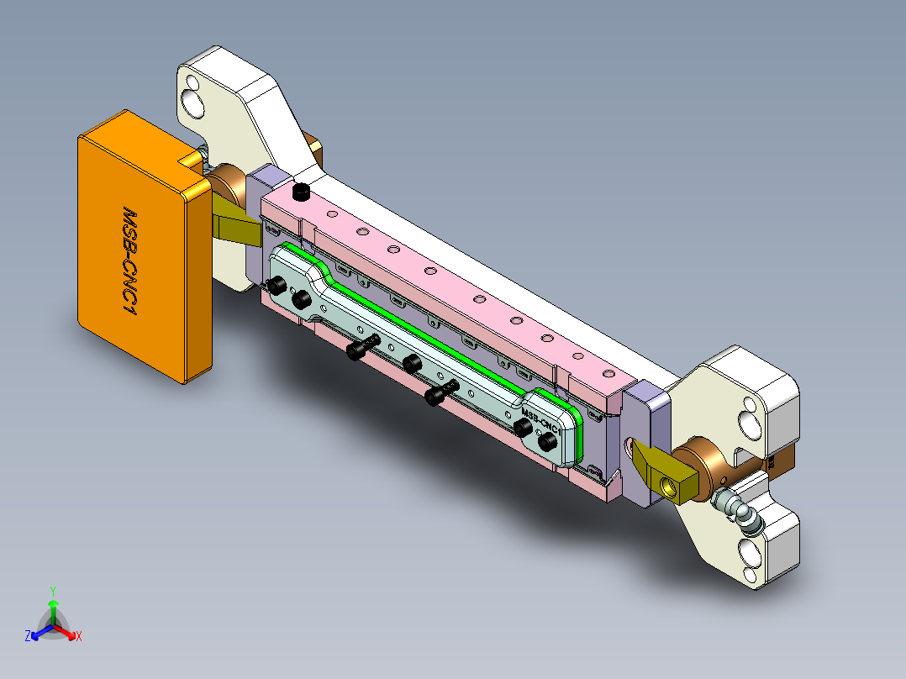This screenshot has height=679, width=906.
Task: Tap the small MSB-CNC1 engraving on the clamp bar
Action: click(x=540, y=421)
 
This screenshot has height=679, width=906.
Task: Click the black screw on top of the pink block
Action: click(x=302, y=192)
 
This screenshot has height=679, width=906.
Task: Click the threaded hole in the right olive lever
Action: click(x=669, y=486)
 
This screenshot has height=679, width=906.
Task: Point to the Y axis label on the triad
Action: click(x=52, y=591)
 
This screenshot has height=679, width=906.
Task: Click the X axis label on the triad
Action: click(x=79, y=637)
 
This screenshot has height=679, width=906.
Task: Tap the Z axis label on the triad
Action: click(x=28, y=636)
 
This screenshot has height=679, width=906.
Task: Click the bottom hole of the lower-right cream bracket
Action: click(x=749, y=551)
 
